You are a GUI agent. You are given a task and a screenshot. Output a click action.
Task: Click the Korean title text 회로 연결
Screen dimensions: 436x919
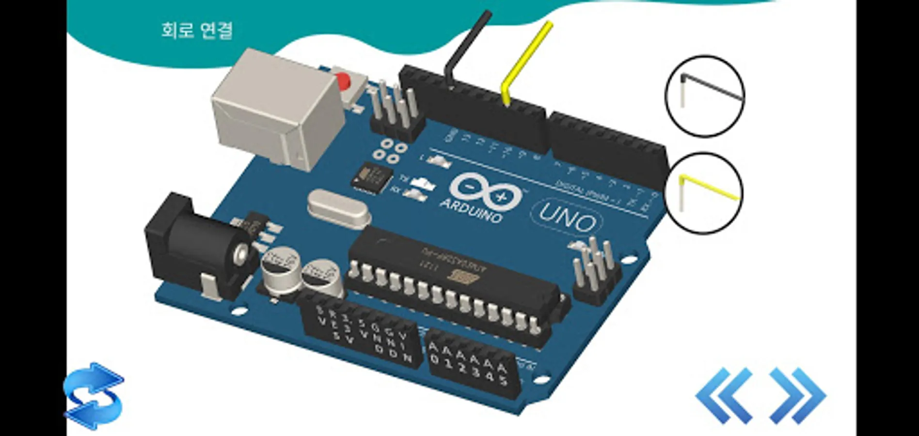pos(197,30)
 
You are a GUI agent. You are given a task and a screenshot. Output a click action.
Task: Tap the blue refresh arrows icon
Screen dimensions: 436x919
pos(94,396)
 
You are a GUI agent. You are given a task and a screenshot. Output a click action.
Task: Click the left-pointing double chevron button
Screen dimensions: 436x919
pos(724,395)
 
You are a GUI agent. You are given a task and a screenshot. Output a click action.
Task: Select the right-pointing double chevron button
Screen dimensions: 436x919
pos(797,395)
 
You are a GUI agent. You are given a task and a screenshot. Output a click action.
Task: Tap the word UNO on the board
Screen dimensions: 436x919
pos(567,218)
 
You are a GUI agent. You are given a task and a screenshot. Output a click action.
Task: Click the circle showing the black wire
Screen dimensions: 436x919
pos(705,95)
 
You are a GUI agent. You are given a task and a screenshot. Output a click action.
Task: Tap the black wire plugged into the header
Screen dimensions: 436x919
pos(465,46)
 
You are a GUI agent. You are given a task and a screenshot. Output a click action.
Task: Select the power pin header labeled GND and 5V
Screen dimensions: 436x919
pos(361,334)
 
